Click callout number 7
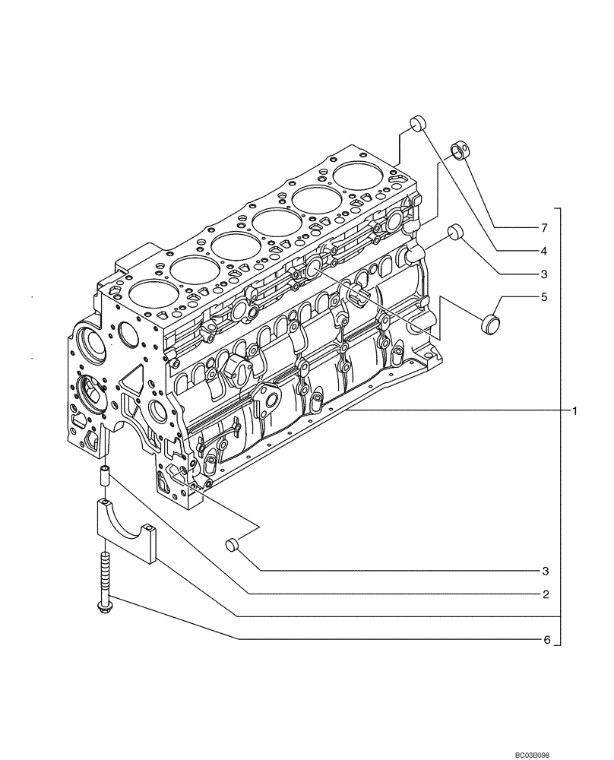[x=543, y=228]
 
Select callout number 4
[x=543, y=250]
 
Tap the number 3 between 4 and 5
[x=543, y=273]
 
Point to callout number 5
[x=543, y=297]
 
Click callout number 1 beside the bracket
[x=575, y=411]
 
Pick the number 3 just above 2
[x=543, y=571]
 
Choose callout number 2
[x=543, y=594]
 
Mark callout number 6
[x=543, y=641]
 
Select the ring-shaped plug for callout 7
[x=460, y=149]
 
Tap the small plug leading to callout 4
[x=417, y=124]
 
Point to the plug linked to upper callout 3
[x=455, y=231]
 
